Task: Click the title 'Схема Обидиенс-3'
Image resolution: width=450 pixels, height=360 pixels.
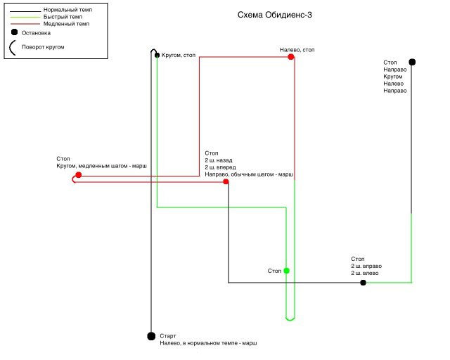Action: click(275, 15)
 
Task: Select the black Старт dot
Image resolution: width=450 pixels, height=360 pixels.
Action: click(151, 336)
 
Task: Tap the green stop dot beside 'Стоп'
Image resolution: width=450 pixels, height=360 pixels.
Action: click(286, 271)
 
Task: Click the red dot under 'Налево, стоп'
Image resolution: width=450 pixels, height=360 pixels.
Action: click(291, 57)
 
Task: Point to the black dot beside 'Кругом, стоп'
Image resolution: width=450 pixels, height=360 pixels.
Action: click(157, 55)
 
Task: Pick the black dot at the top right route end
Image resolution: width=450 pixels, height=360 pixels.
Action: click(412, 62)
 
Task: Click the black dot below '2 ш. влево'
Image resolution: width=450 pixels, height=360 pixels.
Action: click(363, 283)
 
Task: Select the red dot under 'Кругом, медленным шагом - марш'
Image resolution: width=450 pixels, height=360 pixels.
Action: click(79, 175)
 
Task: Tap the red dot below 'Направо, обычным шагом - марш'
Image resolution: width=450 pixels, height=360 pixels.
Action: click(226, 181)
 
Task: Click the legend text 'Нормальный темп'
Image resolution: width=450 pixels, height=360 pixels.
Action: click(67, 10)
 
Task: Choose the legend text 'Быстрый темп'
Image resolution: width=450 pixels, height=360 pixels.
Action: click(63, 17)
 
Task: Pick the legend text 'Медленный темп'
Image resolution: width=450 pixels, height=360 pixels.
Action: click(66, 24)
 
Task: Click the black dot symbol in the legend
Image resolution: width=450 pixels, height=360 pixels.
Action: click(14, 32)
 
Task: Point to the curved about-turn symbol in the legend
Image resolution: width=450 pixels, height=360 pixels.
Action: click(10, 48)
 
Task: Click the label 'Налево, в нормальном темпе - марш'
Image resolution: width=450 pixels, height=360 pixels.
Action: click(208, 343)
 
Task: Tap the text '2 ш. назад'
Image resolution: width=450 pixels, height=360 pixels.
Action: click(219, 160)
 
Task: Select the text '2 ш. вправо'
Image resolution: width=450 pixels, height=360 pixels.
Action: click(366, 266)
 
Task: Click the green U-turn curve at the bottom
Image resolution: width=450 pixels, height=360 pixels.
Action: click(290, 319)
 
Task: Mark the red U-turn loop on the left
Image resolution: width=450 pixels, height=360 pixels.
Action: click(73, 179)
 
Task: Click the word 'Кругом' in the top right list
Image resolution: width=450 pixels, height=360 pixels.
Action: click(393, 77)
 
